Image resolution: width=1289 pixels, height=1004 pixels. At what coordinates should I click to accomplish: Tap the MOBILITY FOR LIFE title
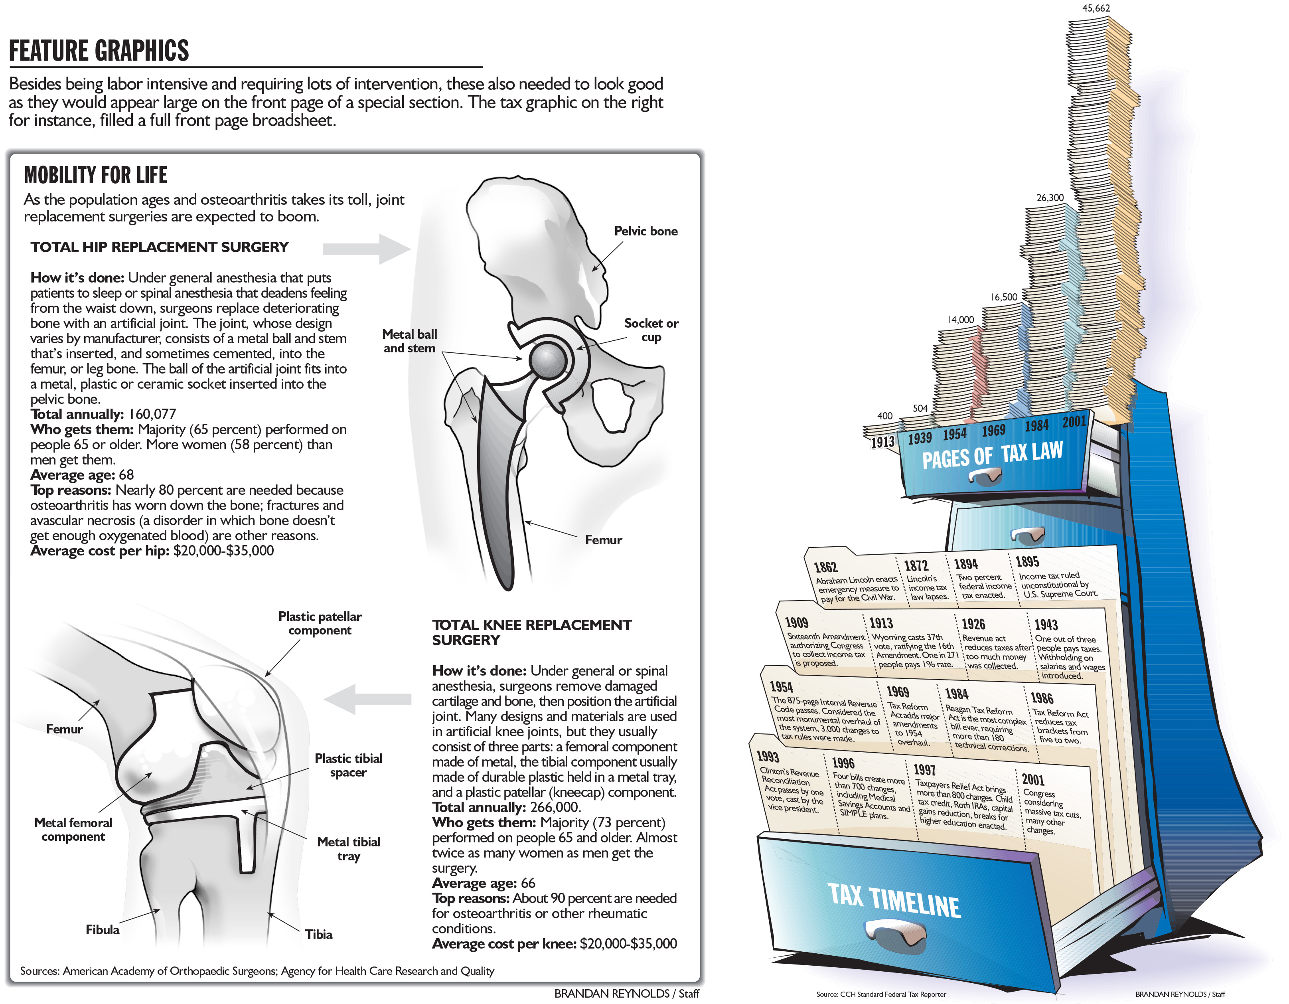[x=96, y=175]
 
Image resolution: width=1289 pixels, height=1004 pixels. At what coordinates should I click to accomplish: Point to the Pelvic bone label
[x=645, y=231]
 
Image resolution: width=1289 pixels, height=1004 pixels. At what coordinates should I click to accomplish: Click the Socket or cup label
[x=651, y=330]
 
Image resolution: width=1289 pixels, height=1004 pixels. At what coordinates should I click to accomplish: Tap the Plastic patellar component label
[x=320, y=623]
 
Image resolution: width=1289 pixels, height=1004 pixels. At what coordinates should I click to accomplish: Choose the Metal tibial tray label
[x=349, y=849]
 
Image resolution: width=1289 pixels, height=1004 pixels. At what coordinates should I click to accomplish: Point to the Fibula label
[x=102, y=930]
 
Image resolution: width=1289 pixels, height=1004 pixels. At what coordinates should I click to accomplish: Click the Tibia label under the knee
[x=319, y=934]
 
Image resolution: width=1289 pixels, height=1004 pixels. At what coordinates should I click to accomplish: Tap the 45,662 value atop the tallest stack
[x=1096, y=8]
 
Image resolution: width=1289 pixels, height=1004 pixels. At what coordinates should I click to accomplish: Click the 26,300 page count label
[x=1050, y=198]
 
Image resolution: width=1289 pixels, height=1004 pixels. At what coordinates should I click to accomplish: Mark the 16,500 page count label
[x=1003, y=297]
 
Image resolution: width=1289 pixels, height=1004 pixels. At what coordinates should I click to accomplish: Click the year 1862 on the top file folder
[x=825, y=567]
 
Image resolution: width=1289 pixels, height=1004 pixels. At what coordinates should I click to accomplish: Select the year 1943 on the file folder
[x=1046, y=625]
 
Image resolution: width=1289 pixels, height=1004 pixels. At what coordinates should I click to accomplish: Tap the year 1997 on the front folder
[x=924, y=770]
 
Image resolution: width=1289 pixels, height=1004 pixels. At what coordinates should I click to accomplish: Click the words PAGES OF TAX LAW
[x=992, y=455]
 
